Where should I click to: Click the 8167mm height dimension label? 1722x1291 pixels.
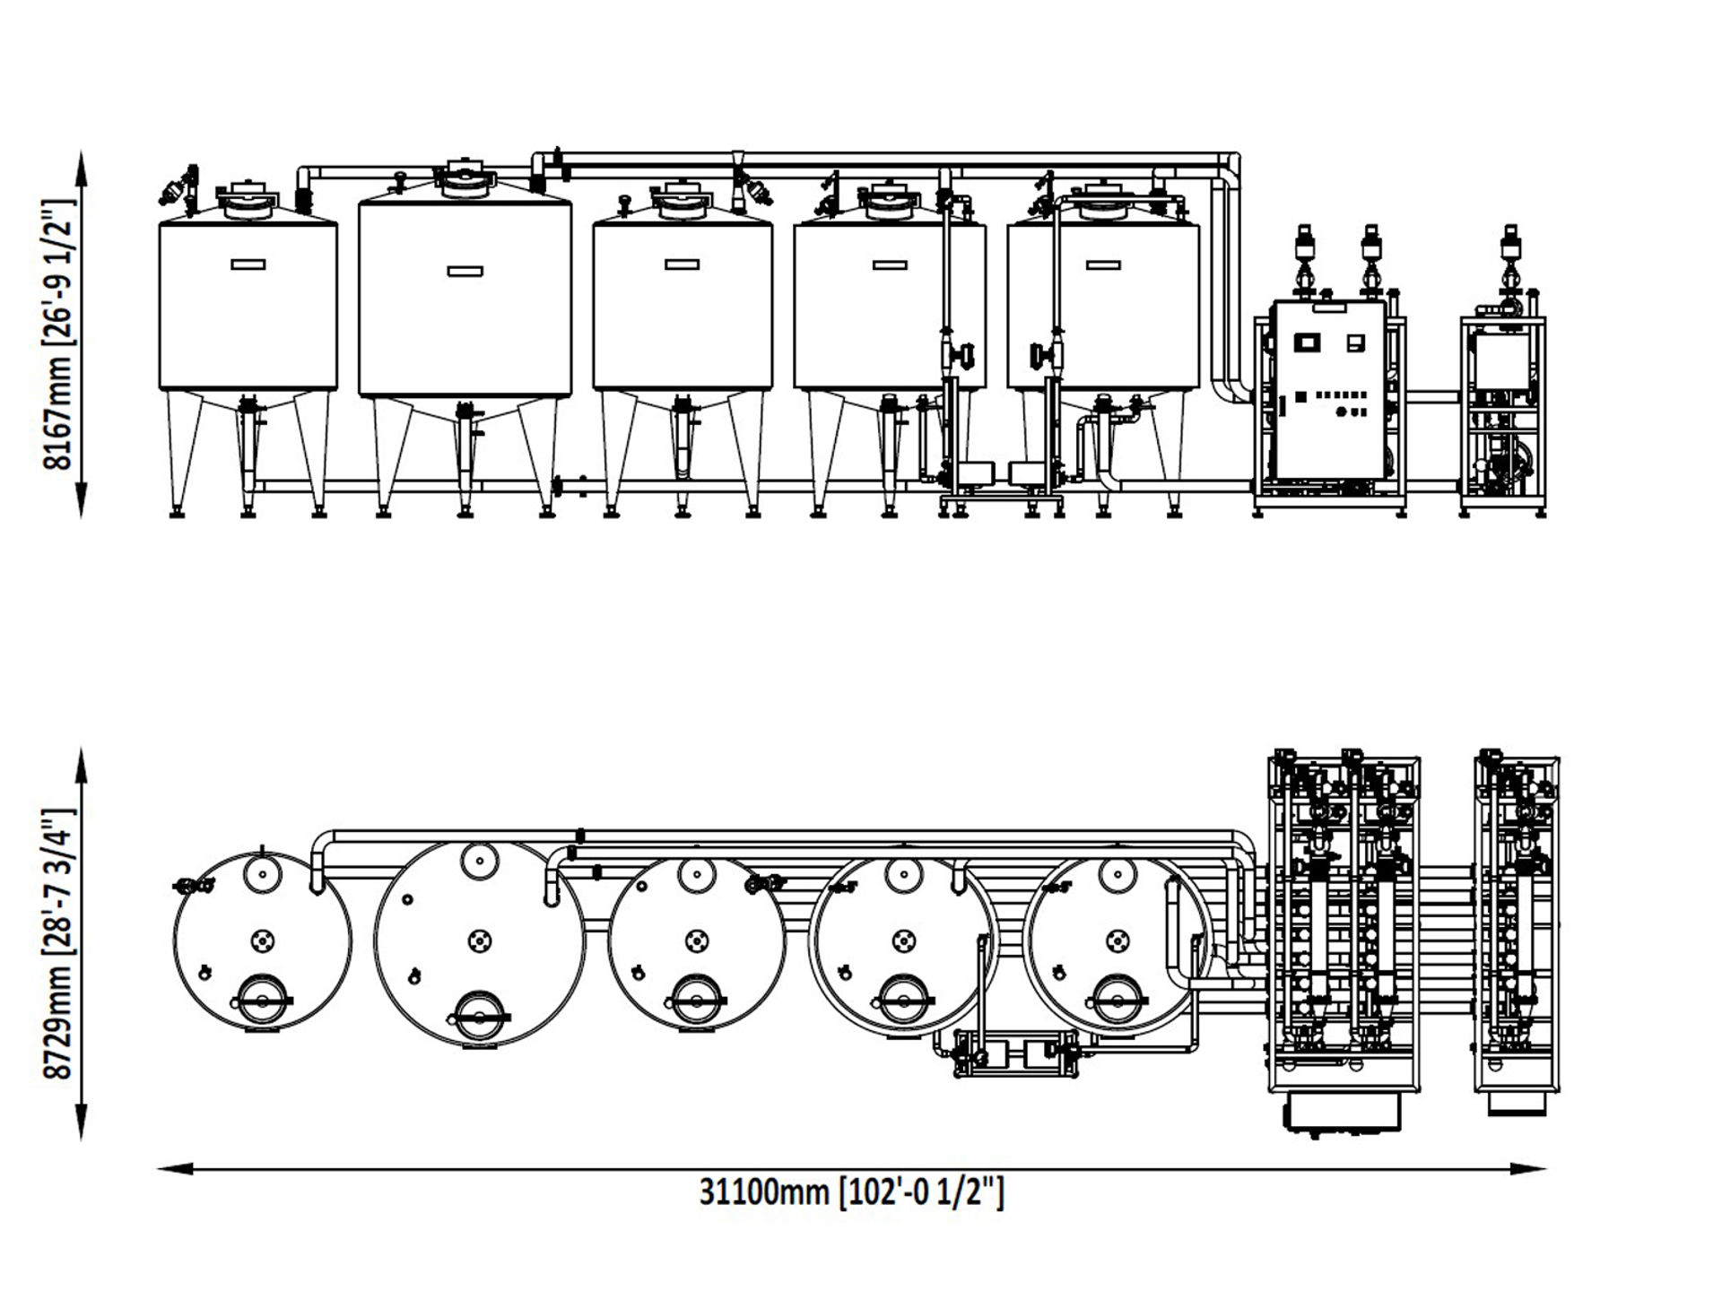(x=59, y=334)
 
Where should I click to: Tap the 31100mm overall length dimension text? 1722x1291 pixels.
(x=851, y=1192)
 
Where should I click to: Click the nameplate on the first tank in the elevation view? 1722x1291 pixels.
(x=248, y=264)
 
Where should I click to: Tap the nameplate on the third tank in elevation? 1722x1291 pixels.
(x=682, y=264)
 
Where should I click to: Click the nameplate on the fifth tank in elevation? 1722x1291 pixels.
(x=1102, y=264)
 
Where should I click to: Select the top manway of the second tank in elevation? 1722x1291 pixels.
(x=465, y=180)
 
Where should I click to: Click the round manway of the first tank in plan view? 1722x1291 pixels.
(x=262, y=997)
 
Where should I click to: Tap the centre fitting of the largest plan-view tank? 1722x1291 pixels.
(x=480, y=940)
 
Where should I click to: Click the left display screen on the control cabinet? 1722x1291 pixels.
(x=1306, y=342)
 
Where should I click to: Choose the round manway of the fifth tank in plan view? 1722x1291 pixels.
(x=1117, y=997)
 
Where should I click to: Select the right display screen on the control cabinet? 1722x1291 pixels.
(x=1356, y=342)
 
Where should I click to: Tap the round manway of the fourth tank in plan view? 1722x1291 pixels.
(x=901, y=997)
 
